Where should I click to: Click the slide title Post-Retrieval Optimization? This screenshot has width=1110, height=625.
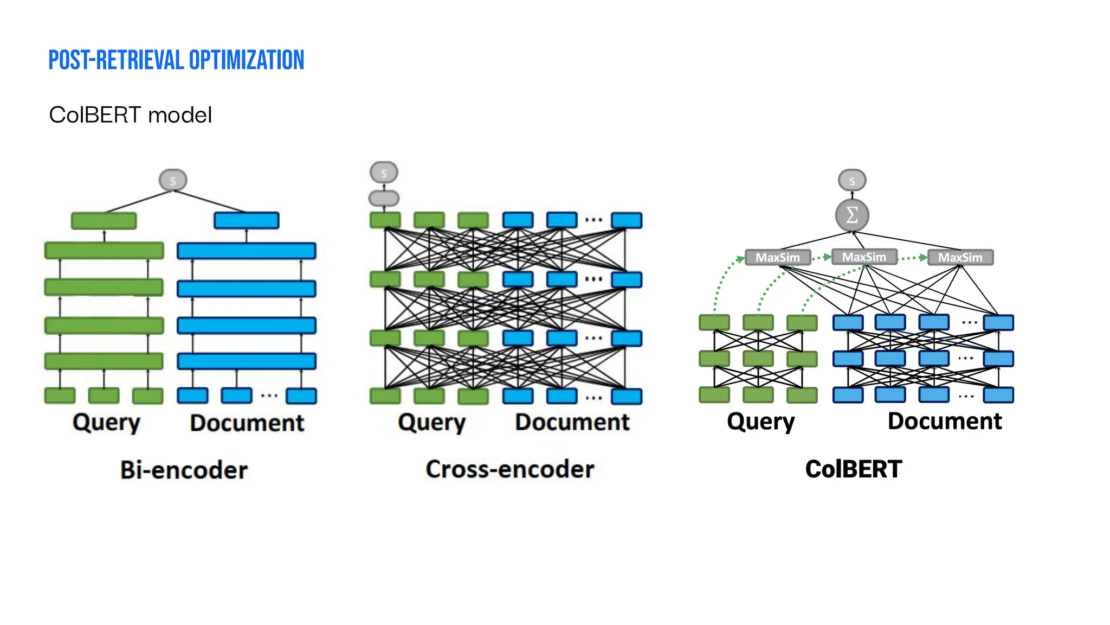[x=176, y=60]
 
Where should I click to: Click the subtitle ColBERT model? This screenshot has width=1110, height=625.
[x=130, y=115]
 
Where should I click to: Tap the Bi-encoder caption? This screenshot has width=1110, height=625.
[x=184, y=470]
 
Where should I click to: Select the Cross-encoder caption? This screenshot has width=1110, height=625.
[x=509, y=469]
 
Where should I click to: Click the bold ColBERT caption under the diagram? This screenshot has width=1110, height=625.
[x=854, y=469]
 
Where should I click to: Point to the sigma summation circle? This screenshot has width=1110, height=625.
[x=852, y=215]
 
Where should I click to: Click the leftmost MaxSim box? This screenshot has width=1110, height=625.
[x=777, y=257]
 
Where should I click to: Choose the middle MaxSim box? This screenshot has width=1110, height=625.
[x=864, y=257]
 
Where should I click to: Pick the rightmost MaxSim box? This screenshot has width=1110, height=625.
[x=960, y=257]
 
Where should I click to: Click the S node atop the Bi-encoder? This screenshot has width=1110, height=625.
[x=173, y=180]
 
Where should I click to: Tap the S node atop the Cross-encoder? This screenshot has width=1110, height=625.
[x=384, y=173]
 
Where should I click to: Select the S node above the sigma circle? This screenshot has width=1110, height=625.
[x=852, y=180]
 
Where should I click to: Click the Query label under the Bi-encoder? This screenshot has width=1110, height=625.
[x=106, y=423]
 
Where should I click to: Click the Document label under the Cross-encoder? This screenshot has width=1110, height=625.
[x=572, y=422]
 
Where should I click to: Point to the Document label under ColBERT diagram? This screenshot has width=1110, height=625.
[x=945, y=422]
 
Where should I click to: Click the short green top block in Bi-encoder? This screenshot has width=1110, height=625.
[x=104, y=221]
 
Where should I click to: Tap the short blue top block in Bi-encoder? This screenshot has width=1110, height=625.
[x=247, y=220]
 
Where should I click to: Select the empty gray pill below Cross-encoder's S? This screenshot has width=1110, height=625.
[x=384, y=198]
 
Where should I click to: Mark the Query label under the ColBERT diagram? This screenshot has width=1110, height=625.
[x=760, y=422]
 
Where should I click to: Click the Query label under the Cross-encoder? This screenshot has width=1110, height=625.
[x=431, y=423]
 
